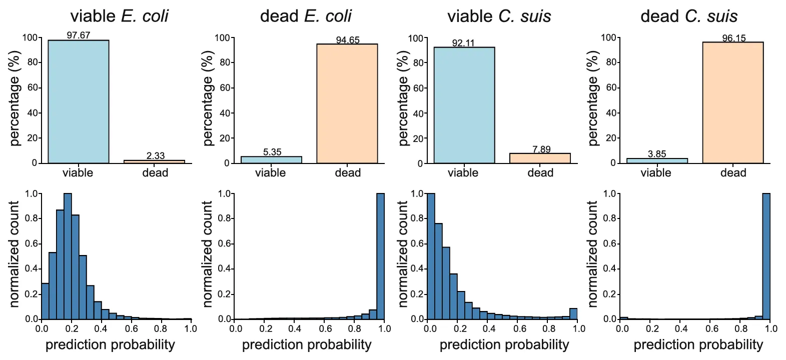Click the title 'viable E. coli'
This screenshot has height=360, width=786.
coord(119,16)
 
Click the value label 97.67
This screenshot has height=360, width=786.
coord(79,35)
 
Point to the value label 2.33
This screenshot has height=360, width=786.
coord(156,155)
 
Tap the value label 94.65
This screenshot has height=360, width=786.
coord(348,39)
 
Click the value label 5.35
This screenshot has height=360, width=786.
coord(272,152)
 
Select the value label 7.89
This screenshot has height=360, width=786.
coord(541,149)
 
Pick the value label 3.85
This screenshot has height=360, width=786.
coord(657,154)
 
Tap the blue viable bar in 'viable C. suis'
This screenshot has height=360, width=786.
coord(464,105)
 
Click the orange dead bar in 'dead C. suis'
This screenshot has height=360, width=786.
coord(733,102)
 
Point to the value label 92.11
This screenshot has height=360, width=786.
coord(463,42)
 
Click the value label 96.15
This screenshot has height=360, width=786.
coord(734,38)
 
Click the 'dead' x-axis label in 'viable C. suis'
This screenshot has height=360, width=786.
coord(540,173)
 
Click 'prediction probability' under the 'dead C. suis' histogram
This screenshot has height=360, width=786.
coord(698,344)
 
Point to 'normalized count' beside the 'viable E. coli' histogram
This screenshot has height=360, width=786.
coord(14,254)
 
